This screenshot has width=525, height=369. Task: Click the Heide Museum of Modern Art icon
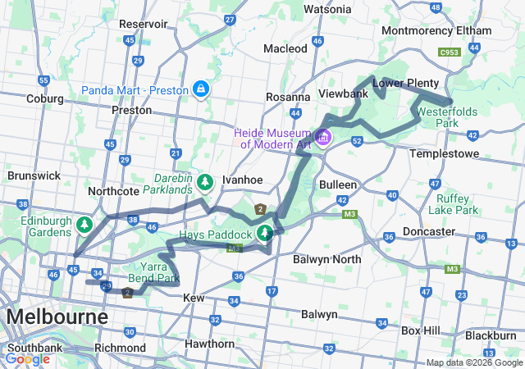pos(323,137)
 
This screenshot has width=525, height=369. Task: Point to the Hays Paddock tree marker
pos(264,234)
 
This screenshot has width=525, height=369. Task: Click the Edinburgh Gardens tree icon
pos(83,224)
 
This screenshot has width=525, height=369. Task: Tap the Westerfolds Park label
pos(447,117)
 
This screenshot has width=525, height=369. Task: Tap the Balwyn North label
pos(326,259)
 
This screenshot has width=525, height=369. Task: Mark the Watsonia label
pos(328,9)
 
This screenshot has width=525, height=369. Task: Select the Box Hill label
pos(422,330)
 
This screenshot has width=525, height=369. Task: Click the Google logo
pos(27,358)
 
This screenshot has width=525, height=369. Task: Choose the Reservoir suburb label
pos(144,24)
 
